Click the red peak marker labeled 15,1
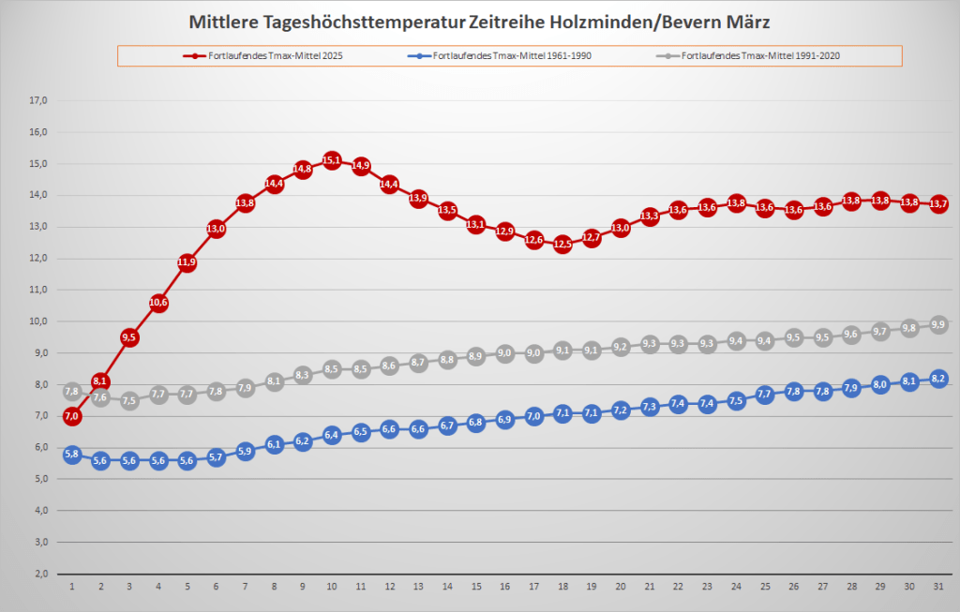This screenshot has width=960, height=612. tap(331, 160)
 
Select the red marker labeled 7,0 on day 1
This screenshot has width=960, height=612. tap(72, 416)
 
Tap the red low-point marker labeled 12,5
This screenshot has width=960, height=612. tap(562, 244)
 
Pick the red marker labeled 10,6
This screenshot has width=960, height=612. tap(158, 303)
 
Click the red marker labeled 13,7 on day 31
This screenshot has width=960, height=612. tap(937, 204)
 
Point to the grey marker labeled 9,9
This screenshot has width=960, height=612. tap(937, 325)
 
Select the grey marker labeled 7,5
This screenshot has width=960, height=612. tap(129, 401)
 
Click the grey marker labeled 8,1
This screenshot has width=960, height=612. tap(274, 381)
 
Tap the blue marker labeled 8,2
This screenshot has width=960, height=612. tap(937, 379)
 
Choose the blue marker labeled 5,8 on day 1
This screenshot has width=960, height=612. tap(72, 455)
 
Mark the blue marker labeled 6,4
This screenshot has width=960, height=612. tap(331, 435)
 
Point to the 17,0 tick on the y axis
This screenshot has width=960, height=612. tap(38, 100)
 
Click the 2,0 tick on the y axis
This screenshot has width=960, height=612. tap(38, 574)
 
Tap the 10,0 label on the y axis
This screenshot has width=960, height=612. tap(38, 321)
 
